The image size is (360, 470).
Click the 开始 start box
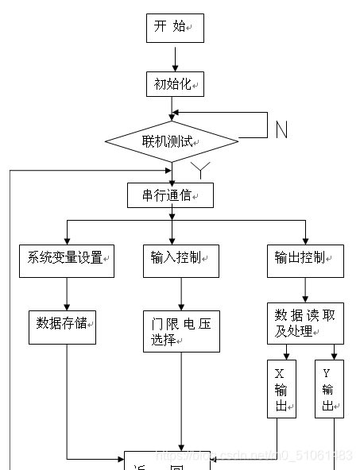pos(174,28)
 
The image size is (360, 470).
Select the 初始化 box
pos(174,83)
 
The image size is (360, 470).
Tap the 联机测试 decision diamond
pos(172,142)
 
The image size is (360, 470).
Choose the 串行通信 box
pos(170,195)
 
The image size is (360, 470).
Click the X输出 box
pos(281,389)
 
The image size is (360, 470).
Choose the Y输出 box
pos(329,389)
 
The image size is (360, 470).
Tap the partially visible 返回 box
pos(167,461)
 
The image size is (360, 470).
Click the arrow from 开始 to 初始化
pos(175,56)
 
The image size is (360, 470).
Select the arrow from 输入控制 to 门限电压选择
pos(182,293)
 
